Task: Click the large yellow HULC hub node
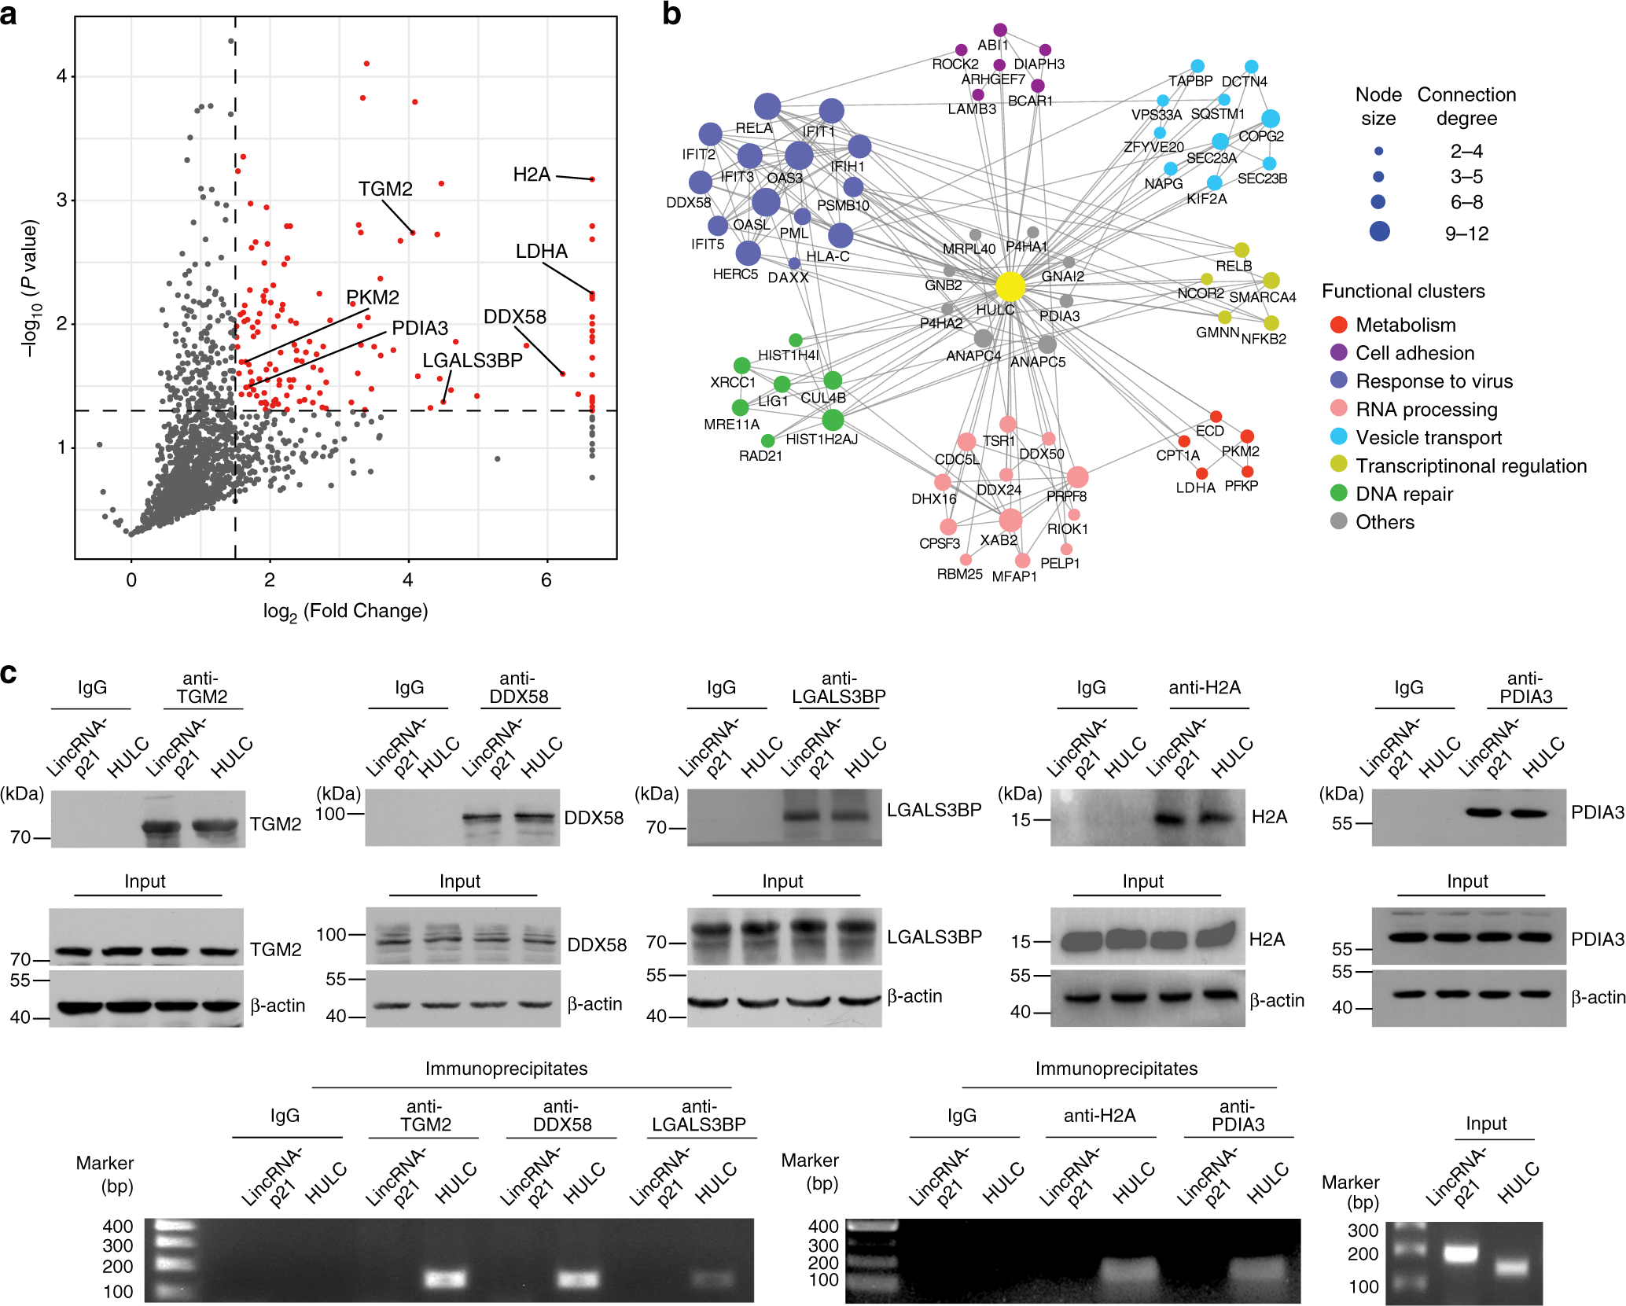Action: point(1010,287)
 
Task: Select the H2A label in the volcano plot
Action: point(532,175)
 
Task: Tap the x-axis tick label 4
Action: point(407,580)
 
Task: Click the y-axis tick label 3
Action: point(61,200)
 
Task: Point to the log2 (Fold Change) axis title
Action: point(345,612)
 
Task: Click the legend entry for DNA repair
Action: point(1403,494)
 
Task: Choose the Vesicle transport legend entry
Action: point(1428,438)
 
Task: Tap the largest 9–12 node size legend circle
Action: point(1379,231)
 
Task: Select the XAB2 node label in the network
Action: point(998,540)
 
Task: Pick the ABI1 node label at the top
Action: point(992,46)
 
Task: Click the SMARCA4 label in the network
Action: point(1262,297)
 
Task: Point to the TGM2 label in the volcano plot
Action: point(385,189)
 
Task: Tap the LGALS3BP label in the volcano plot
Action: point(472,360)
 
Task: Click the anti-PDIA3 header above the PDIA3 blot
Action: point(1525,687)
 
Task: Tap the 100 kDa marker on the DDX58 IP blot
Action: point(330,814)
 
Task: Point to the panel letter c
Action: point(9,673)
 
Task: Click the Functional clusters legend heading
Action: point(1403,291)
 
